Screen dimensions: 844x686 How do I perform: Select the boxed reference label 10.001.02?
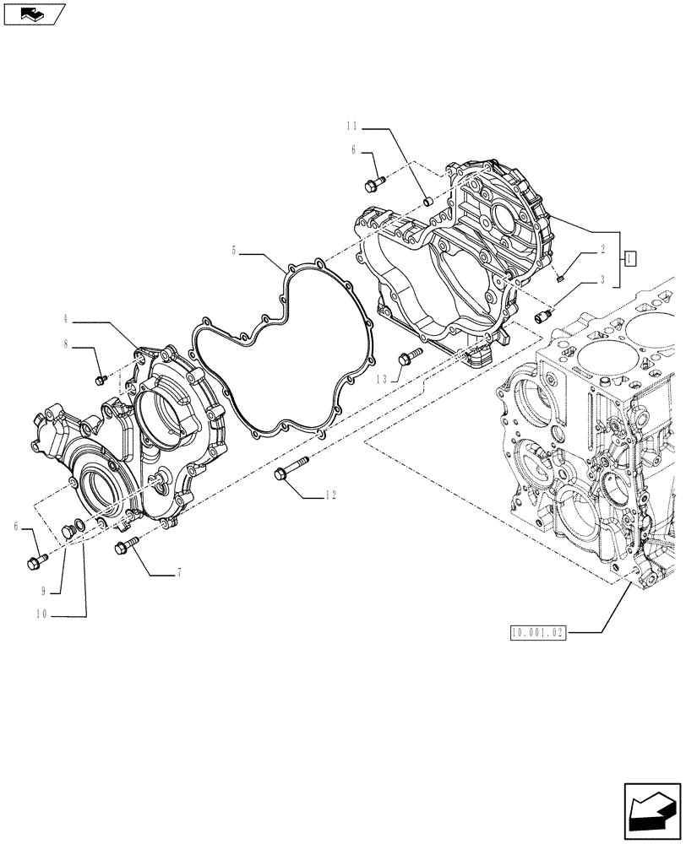tap(537, 632)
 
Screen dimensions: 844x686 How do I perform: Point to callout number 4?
tap(66, 322)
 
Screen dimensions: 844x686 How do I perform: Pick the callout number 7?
tap(179, 574)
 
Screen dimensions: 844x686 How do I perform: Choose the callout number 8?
tap(66, 345)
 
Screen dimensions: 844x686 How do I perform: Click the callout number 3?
tap(602, 278)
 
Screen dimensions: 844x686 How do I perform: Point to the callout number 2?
tap(602, 250)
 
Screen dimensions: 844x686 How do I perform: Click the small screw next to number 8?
tap(101, 380)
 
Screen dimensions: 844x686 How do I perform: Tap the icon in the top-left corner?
tap(34, 14)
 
